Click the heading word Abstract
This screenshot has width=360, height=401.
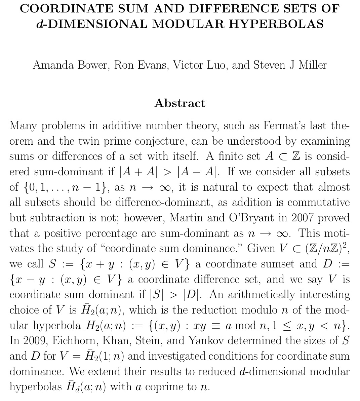click(180, 103)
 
